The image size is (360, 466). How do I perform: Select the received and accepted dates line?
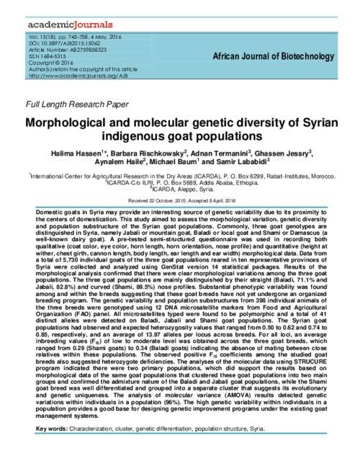pyautogui.click(x=179, y=200)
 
